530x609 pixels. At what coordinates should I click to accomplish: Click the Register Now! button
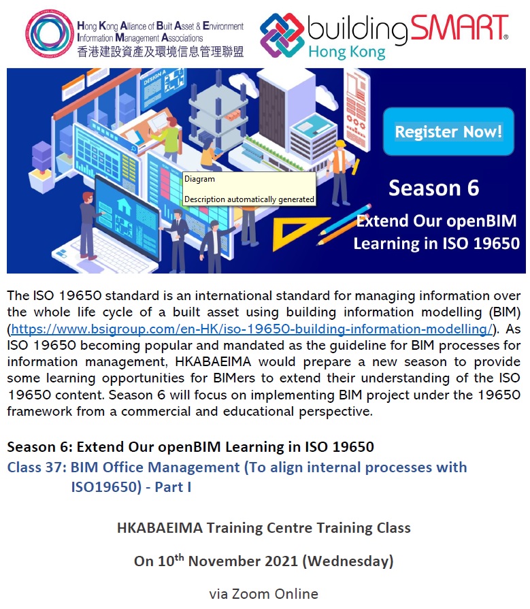[x=448, y=131]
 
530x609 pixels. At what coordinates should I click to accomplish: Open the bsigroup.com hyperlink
[x=252, y=329]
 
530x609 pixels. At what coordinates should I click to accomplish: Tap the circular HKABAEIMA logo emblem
[x=49, y=34]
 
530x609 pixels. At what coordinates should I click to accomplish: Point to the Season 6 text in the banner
[x=433, y=188]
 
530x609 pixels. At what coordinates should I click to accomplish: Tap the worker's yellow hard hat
[x=340, y=144]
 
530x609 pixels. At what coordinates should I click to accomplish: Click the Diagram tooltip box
[x=249, y=188]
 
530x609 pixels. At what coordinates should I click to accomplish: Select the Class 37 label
[x=37, y=467]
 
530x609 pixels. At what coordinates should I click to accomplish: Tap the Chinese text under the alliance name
[x=161, y=51]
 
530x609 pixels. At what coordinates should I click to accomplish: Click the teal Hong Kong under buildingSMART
[x=347, y=52]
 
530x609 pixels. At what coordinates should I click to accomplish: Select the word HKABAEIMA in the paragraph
[x=213, y=362]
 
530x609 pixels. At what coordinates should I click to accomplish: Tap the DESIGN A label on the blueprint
[x=154, y=77]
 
